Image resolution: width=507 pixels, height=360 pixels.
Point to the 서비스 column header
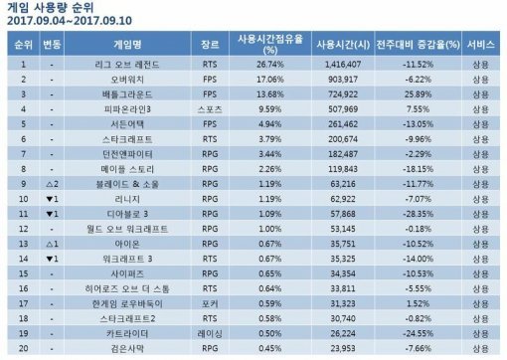[483, 45]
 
